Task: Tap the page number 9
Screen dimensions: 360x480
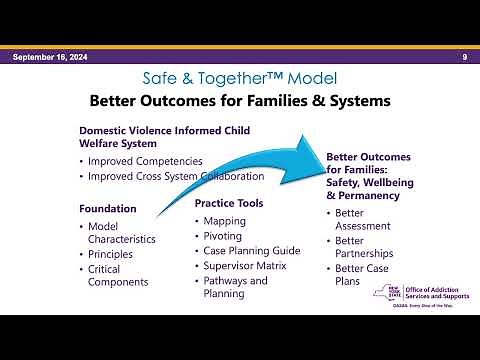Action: tap(465, 57)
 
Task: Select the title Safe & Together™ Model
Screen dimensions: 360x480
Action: tap(240, 78)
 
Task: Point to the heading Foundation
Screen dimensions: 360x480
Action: tap(108, 208)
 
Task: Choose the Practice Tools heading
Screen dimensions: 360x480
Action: tap(229, 203)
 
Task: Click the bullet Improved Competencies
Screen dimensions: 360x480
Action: tap(145, 161)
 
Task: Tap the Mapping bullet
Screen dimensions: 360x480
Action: tap(224, 221)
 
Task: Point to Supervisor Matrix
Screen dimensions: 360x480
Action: tap(244, 266)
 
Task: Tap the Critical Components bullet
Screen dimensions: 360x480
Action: tap(118, 276)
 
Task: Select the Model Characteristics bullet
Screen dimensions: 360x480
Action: tap(121, 233)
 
